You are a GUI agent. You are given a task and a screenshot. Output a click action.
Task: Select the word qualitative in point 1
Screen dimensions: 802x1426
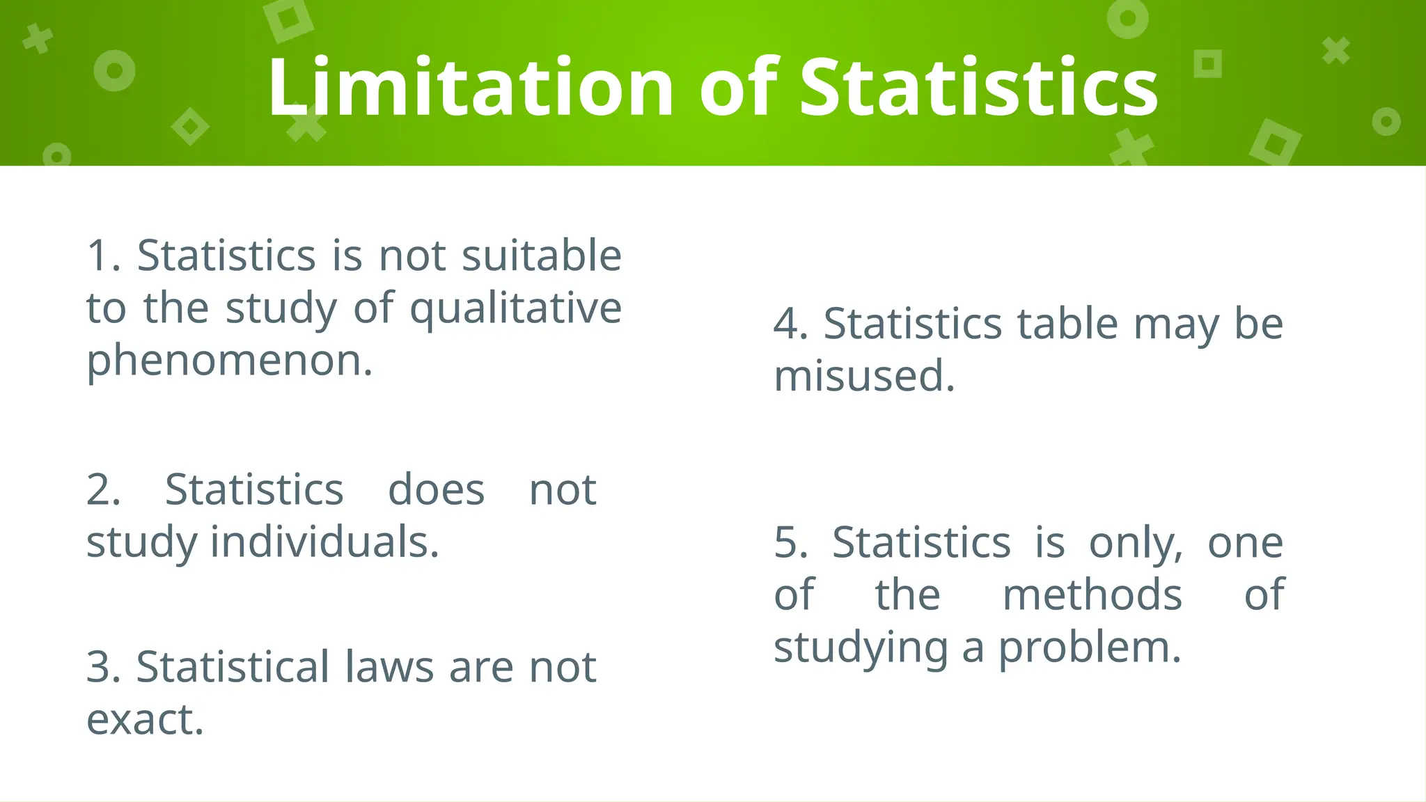pyautogui.click(x=515, y=308)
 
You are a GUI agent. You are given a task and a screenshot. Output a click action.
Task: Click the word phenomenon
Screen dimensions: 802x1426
pyautogui.click(x=229, y=361)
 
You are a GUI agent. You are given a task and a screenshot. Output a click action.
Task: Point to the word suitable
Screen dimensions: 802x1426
pyautogui.click(x=541, y=255)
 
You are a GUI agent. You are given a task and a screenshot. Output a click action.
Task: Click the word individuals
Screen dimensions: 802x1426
pyautogui.click(x=324, y=542)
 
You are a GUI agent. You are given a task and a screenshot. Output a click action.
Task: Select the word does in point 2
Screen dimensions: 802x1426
pyautogui.click(x=436, y=489)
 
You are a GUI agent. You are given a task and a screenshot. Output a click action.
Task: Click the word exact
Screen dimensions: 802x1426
pyautogui.click(x=144, y=719)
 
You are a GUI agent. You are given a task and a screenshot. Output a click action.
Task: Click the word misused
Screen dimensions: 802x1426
pyautogui.click(x=863, y=376)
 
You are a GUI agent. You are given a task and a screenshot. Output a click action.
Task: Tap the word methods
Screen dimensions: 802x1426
pyautogui.click(x=1092, y=595)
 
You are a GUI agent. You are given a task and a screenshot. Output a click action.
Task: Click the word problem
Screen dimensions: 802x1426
pyautogui.click(x=1090, y=647)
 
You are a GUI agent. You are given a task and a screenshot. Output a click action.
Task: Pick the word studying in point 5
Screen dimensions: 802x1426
pyautogui.click(x=861, y=647)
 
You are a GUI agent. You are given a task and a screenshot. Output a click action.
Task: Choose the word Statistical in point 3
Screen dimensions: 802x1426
pyautogui.click(x=233, y=667)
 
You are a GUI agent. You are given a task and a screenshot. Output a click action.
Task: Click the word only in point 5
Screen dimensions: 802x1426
pyautogui.click(x=1135, y=542)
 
